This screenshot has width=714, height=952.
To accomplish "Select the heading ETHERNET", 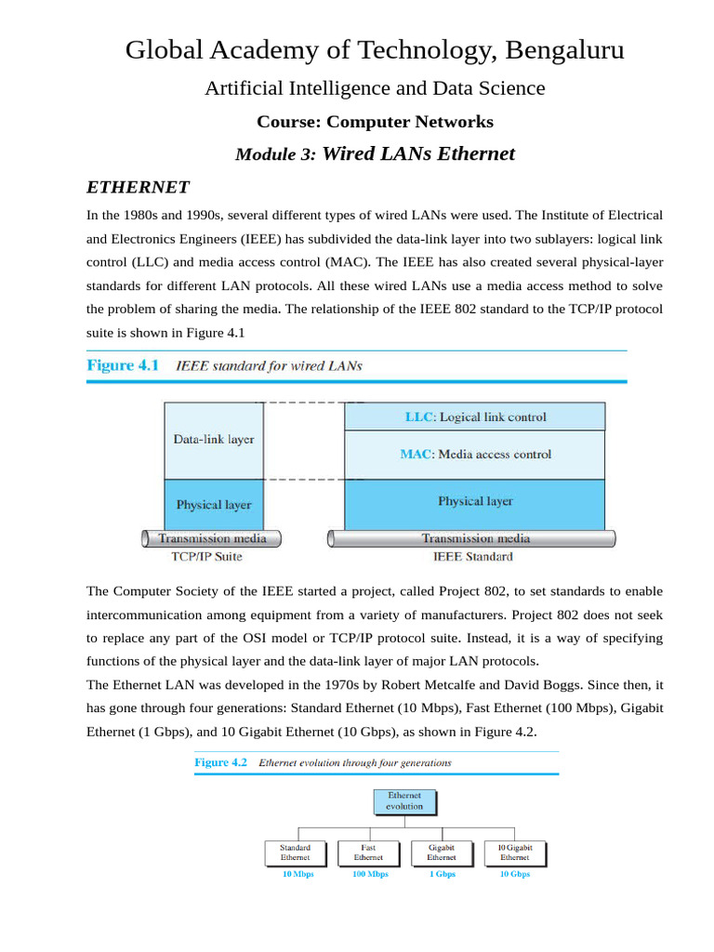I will click(138, 188).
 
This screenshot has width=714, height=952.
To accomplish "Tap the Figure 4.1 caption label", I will click(124, 365).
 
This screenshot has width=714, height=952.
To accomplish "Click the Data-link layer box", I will click(213, 440).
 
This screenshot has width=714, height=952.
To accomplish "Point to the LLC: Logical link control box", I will click(475, 416).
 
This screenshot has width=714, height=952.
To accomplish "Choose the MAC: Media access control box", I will click(475, 455).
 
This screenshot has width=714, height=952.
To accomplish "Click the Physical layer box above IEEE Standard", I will click(475, 502).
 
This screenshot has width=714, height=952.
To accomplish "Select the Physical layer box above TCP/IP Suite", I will click(213, 505).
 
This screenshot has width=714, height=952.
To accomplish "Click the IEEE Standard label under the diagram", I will click(472, 557).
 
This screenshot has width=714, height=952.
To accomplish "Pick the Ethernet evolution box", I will click(404, 801).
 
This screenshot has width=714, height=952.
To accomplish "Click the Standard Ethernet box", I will click(296, 853).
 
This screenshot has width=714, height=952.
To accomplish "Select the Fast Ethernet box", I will click(368, 853).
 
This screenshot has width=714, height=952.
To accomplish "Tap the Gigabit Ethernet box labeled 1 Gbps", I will click(442, 853).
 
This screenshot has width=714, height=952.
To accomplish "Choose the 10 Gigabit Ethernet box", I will click(515, 853).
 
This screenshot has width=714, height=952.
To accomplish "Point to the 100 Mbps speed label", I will click(370, 875).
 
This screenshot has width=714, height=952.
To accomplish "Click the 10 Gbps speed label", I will click(515, 875).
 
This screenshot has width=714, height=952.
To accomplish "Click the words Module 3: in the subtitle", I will click(274, 155).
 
